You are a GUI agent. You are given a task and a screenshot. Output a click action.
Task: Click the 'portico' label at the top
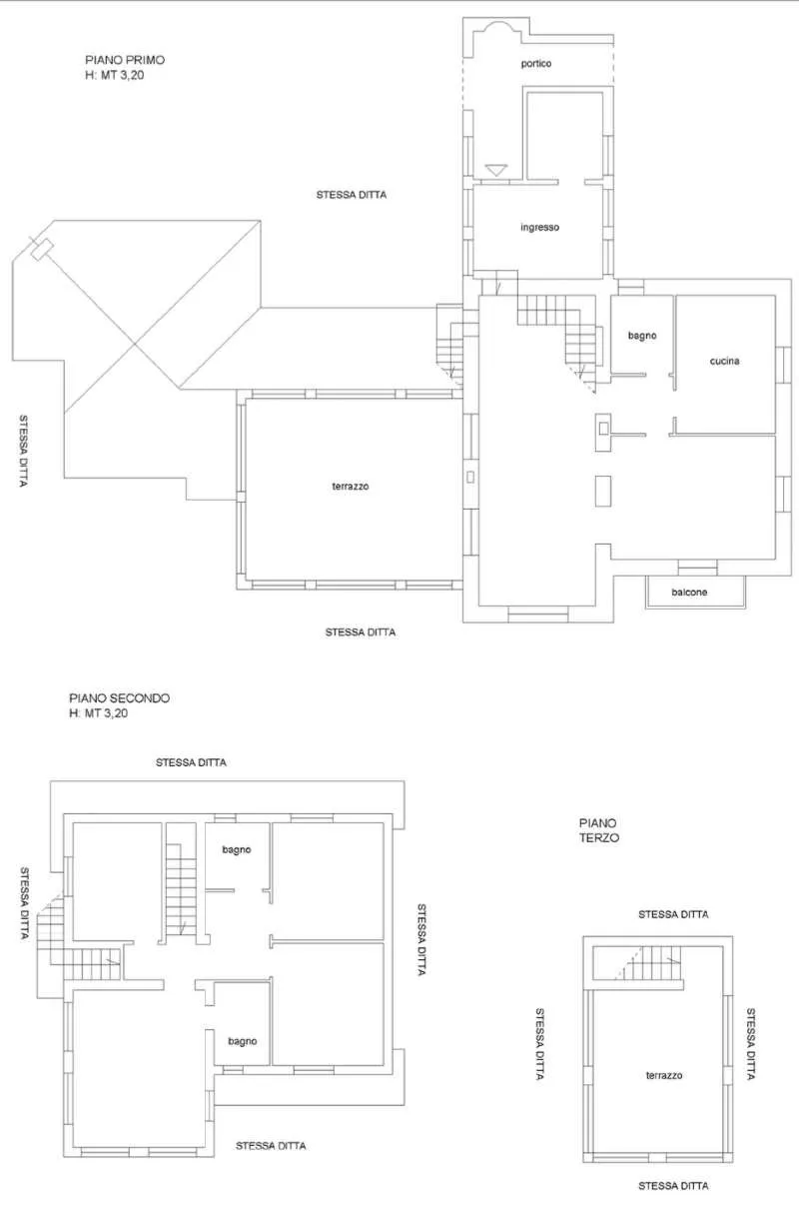click(535, 64)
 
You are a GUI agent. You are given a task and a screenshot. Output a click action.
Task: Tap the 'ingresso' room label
click(539, 227)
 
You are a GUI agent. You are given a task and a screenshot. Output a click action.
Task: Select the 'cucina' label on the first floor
click(724, 361)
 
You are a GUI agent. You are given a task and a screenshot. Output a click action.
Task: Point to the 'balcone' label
click(689, 592)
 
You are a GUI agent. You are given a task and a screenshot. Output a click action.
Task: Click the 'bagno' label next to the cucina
click(642, 336)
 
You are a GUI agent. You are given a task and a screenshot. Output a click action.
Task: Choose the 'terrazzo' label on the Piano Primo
click(351, 486)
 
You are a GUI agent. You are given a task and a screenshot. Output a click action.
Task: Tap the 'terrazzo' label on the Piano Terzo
click(664, 1075)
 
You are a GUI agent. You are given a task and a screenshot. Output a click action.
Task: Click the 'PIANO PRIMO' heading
click(125, 60)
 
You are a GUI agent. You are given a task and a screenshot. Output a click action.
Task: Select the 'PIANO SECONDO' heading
click(119, 697)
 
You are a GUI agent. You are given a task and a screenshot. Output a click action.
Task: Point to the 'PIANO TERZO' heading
click(599, 830)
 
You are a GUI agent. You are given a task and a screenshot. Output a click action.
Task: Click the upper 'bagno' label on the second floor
click(236, 849)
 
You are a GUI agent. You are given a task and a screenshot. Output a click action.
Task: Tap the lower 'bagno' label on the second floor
click(242, 1041)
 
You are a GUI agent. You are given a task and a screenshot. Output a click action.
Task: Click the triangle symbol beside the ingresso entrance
click(495, 170)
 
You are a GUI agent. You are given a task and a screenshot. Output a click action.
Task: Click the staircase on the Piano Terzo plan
click(649, 963)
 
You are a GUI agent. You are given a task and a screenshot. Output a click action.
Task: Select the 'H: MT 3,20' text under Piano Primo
click(115, 75)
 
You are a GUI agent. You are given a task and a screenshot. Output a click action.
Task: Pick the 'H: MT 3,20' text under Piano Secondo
click(98, 713)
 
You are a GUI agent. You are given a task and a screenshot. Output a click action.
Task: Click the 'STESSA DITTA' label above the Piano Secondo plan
click(191, 762)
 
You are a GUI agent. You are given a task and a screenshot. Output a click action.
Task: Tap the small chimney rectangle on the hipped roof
click(42, 249)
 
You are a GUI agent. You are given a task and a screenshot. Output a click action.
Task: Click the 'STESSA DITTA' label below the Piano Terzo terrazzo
click(673, 1185)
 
